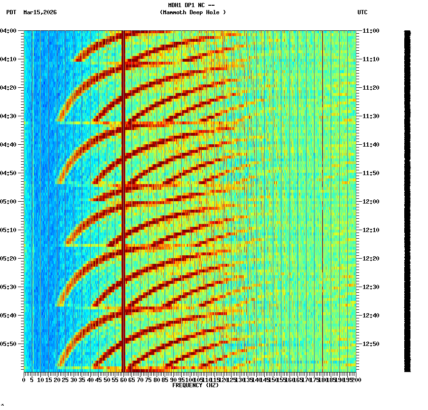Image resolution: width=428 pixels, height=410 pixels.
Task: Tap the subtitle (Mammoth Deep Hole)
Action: click(x=193, y=12)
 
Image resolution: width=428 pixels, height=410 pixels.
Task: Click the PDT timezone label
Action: click(x=11, y=12)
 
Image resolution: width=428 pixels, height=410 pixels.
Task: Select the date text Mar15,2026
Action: click(x=40, y=12)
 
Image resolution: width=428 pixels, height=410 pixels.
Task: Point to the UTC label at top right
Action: click(x=362, y=12)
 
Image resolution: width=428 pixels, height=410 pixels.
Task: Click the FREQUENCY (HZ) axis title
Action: click(x=195, y=385)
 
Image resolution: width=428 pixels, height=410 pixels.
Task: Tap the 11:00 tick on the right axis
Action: click(x=370, y=31)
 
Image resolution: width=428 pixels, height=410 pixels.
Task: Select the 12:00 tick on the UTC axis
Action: click(x=370, y=202)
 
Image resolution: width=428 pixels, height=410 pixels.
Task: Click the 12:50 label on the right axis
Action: click(x=370, y=344)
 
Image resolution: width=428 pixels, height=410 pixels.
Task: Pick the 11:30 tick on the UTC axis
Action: click(x=370, y=116)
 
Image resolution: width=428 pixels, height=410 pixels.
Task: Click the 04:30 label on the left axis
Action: click(x=9, y=116)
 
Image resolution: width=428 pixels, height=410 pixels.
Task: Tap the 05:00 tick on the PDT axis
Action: click(x=9, y=202)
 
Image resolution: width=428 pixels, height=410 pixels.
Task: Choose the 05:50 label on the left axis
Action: click(x=9, y=344)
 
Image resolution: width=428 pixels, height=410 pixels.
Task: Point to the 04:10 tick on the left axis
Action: click(x=9, y=59)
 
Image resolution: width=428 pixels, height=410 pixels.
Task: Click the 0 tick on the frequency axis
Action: click(x=24, y=380)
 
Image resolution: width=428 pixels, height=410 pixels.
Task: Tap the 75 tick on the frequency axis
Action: click(x=149, y=380)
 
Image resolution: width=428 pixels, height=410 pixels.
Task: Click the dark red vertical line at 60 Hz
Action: click(x=123, y=190)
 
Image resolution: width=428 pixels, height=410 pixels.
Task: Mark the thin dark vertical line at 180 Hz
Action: click(x=322, y=190)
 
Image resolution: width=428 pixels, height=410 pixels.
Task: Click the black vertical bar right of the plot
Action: click(x=407, y=199)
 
